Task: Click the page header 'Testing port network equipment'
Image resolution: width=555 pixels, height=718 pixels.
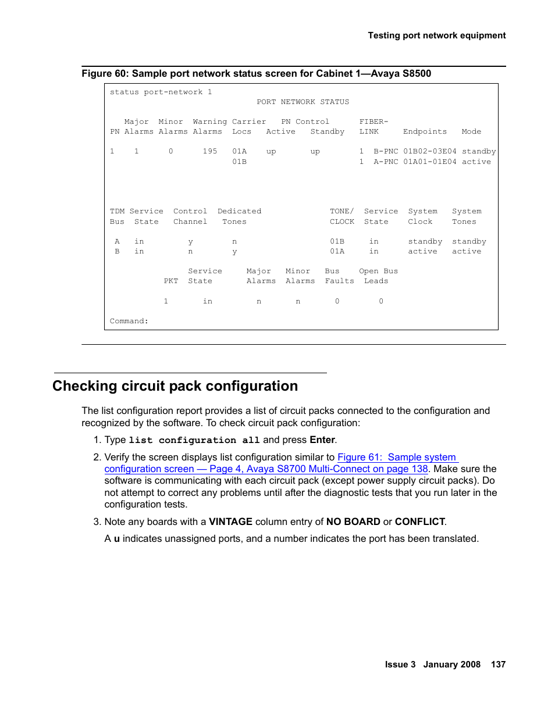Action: [x=436, y=35]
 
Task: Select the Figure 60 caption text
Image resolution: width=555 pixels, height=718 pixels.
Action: [x=256, y=74]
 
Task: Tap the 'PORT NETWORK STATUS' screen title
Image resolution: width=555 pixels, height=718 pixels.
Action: [x=303, y=102]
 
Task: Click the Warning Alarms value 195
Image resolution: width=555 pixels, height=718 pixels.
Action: [x=209, y=152]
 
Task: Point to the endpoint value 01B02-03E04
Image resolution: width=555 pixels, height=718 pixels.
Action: [x=429, y=152]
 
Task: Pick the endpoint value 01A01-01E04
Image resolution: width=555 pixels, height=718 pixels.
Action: [x=429, y=162]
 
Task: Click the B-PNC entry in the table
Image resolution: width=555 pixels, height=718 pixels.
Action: [x=386, y=152]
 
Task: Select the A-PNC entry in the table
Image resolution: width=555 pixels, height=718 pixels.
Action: [x=386, y=162]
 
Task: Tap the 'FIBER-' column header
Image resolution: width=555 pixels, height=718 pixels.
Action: [x=373, y=122]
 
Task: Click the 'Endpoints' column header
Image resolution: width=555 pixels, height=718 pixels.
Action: [x=425, y=132]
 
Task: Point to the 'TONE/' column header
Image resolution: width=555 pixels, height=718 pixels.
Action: [x=341, y=212]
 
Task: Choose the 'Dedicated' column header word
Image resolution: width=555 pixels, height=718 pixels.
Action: [x=239, y=212]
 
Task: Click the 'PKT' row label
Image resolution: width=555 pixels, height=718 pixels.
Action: [x=170, y=281]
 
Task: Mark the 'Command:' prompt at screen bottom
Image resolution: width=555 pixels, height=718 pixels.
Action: [x=129, y=322]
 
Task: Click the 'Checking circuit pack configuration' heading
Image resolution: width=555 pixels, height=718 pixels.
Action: [x=175, y=386]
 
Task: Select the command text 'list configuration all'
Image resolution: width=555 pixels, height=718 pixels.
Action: [x=194, y=441]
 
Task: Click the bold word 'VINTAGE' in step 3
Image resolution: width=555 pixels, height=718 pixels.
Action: [x=230, y=522]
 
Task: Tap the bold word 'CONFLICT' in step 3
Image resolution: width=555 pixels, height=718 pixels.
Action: [x=419, y=522]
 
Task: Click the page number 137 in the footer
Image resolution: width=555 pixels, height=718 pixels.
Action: [x=498, y=665]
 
